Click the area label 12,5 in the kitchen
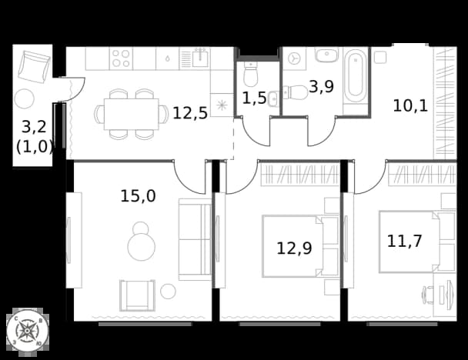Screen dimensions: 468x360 pyautogui.click(x=190, y=113)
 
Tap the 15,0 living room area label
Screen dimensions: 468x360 pyautogui.click(x=138, y=196)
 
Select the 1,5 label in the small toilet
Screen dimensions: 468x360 pyautogui.click(x=254, y=98)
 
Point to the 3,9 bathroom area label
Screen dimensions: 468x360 pyautogui.click(x=321, y=87)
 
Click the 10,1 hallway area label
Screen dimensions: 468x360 pyautogui.click(x=410, y=105)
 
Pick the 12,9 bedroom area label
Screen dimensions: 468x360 pyautogui.click(x=294, y=248)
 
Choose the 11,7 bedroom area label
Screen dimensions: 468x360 pyautogui.click(x=404, y=241)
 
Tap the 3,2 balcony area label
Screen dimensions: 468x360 pyautogui.click(x=34, y=127)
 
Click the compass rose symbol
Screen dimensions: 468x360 pyautogui.click(x=28, y=331)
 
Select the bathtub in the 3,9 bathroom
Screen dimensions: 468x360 pyautogui.click(x=356, y=75)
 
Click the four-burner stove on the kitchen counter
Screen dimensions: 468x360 pyautogui.click(x=121, y=58)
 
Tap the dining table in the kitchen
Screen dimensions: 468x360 pyautogui.click(x=132, y=115)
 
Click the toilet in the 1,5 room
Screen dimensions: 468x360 pyautogui.click(x=250, y=74)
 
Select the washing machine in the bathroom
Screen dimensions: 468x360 pyautogui.click(x=294, y=58)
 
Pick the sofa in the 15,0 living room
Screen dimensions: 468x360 pyautogui.click(x=196, y=239)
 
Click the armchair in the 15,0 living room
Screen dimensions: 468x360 pyautogui.click(x=137, y=295)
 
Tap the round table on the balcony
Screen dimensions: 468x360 pyautogui.click(x=25, y=98)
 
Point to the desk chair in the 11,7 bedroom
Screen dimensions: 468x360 pyautogui.click(x=428, y=295)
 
